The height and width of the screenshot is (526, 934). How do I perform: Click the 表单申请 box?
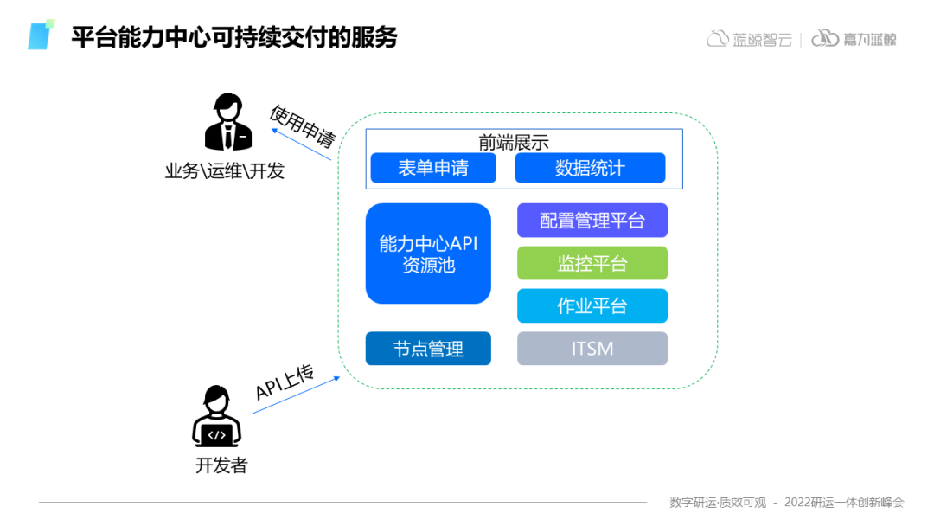(433, 168)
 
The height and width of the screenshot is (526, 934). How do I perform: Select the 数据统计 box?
(590, 168)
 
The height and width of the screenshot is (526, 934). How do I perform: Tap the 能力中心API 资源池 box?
(428, 253)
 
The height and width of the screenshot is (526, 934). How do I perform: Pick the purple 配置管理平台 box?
(592, 220)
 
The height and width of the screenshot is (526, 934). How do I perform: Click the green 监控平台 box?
(592, 263)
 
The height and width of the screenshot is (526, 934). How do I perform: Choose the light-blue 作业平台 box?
(592, 305)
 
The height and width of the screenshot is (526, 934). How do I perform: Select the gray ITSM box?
(592, 349)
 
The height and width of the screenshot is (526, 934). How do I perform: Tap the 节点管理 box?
(428, 349)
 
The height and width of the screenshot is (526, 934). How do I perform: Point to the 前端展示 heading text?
(514, 142)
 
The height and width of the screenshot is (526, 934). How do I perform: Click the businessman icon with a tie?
(227, 124)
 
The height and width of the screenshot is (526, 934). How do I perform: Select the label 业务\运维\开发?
(225, 171)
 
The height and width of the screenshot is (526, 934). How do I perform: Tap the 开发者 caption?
(221, 465)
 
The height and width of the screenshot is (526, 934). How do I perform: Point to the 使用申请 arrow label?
(302, 126)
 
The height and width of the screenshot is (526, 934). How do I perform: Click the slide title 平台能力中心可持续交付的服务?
(234, 38)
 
